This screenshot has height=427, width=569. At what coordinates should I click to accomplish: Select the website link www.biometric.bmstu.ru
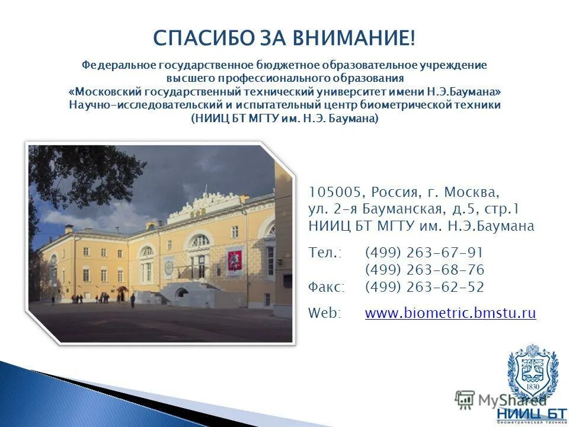click(450, 313)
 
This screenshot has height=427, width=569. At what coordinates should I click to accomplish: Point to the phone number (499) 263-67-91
click(424, 253)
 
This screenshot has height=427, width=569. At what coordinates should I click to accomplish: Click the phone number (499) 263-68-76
click(424, 270)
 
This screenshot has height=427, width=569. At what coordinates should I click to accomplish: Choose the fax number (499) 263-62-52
click(424, 287)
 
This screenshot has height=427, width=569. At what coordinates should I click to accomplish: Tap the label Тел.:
click(325, 253)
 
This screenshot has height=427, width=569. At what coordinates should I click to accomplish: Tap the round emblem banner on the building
click(169, 267)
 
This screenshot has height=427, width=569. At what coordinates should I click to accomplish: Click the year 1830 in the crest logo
click(532, 386)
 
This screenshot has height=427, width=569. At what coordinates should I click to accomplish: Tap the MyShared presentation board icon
click(465, 399)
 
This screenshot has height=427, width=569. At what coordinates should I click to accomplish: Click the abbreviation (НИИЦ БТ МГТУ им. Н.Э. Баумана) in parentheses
click(284, 118)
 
